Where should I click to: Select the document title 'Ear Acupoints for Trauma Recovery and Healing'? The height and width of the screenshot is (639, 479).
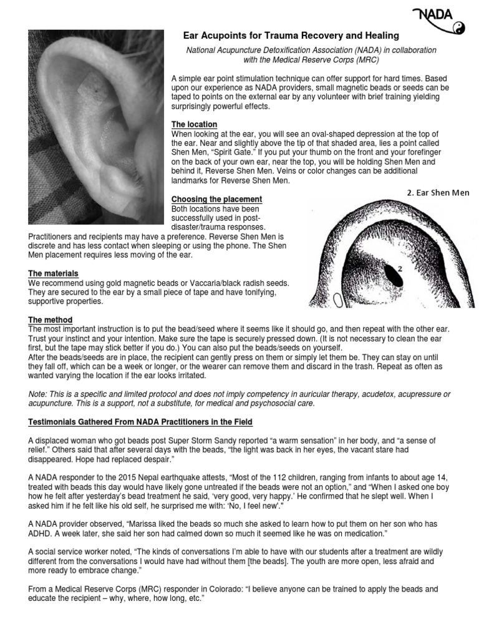click(x=291, y=36)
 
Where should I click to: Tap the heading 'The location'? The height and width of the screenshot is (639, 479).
click(x=194, y=125)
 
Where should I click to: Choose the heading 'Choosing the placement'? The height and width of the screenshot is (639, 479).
click(x=216, y=199)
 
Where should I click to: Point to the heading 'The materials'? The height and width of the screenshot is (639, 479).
click(x=54, y=274)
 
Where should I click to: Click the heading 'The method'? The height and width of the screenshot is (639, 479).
click(x=51, y=320)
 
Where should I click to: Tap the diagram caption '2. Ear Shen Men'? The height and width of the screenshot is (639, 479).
click(x=437, y=193)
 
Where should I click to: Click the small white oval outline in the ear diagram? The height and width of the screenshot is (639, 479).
click(x=337, y=301)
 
